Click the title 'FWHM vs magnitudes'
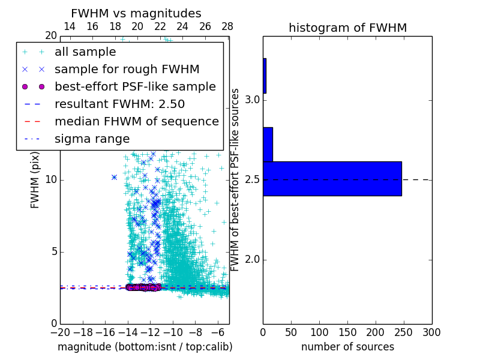pos(136,14)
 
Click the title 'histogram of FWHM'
pos(347,28)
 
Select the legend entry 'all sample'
pos(85,52)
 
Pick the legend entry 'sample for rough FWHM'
pos(127,70)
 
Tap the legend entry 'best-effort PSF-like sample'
pos(135,87)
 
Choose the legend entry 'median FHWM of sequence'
pos(136,122)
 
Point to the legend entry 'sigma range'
pos(92,139)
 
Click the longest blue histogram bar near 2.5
pos(332,178)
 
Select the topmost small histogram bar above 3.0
pos(265,76)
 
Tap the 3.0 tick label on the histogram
pos(252,100)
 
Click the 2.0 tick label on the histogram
pos(252,260)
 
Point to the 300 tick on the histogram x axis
pos(431,332)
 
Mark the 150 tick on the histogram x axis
pos(347,332)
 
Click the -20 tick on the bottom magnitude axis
pos(60,332)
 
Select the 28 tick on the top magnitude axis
pos(227,27)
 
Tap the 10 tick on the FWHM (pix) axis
pos(51,180)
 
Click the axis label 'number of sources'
pos(347,347)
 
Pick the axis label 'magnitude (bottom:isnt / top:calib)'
pos(145,347)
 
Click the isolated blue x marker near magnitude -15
pos(114,177)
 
